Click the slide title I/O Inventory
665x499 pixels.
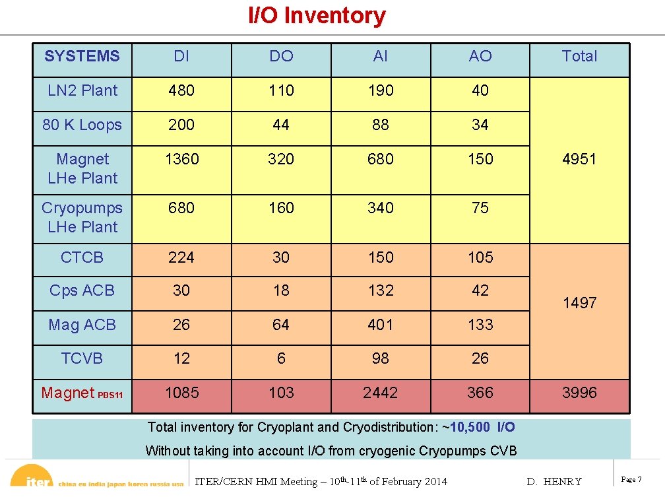[x=317, y=15]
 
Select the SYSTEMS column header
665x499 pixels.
[x=82, y=56]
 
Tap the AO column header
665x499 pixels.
[x=480, y=56]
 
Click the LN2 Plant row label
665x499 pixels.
[x=82, y=90]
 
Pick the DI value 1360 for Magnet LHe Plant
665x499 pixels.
[x=181, y=159]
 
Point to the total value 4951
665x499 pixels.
[x=579, y=159]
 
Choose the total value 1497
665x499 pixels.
[x=579, y=303]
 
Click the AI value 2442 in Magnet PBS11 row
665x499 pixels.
[x=381, y=393]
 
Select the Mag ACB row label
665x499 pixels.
[x=82, y=325]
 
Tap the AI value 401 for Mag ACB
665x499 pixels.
[x=381, y=325]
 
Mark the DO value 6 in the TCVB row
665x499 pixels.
[x=281, y=358]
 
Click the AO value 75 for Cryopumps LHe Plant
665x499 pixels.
[x=480, y=208]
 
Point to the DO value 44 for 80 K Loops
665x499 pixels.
[x=281, y=125]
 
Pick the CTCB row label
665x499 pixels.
[x=82, y=257]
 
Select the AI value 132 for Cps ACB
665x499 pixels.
[x=381, y=290]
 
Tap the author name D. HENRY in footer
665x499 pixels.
[x=554, y=481]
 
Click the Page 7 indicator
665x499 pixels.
[x=631, y=479]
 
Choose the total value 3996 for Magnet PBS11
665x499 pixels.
[x=579, y=393]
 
